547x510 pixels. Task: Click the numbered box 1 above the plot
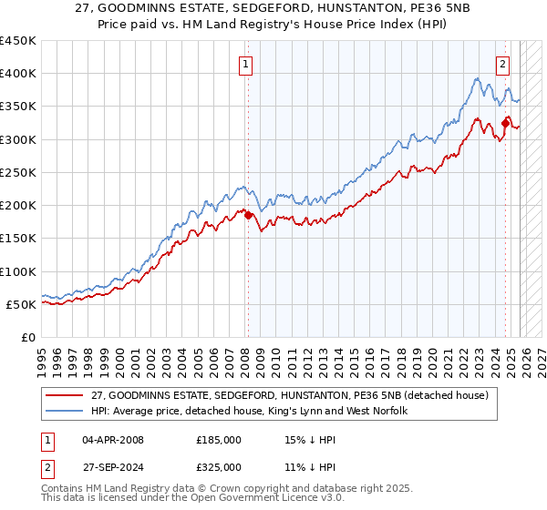click(247, 64)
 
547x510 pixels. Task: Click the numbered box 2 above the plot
click(503, 64)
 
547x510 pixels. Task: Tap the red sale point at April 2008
click(248, 215)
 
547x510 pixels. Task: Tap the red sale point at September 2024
click(506, 122)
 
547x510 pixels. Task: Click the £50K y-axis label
click(22, 304)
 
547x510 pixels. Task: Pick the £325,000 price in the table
click(219, 468)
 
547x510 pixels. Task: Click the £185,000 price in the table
click(219, 439)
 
